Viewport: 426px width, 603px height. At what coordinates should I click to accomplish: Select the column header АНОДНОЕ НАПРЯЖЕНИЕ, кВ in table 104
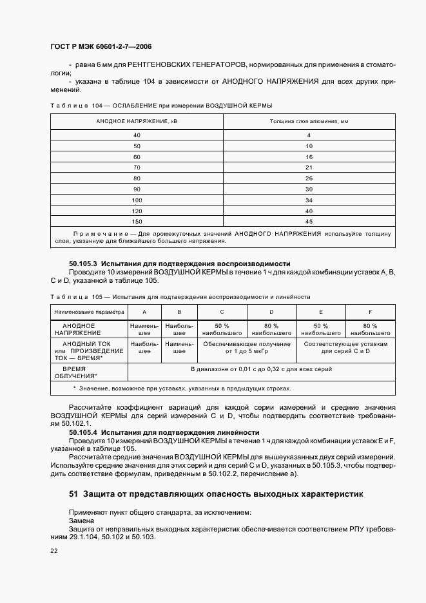coord(136,121)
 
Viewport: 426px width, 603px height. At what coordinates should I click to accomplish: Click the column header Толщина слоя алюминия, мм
coord(308,121)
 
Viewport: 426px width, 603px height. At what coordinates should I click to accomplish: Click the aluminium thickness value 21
coord(309,166)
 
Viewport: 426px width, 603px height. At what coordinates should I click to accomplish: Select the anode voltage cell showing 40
coord(136,135)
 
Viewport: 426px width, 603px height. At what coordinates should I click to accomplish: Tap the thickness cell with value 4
coord(309,135)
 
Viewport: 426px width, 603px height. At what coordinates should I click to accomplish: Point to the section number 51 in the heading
coord(73,493)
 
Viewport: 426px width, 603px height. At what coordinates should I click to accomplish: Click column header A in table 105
coord(144,311)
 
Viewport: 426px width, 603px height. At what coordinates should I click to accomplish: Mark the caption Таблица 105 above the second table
coord(76,297)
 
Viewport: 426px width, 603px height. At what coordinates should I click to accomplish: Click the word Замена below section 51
coord(81,520)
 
